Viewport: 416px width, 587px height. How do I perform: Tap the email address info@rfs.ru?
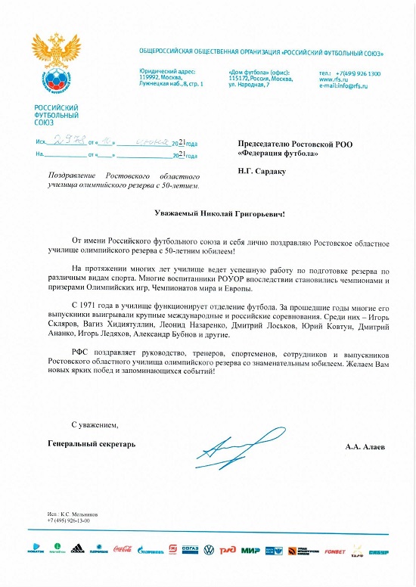click(349, 85)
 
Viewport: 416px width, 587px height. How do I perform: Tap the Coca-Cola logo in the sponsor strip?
click(123, 549)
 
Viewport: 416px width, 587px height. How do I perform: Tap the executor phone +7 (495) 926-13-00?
click(68, 521)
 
